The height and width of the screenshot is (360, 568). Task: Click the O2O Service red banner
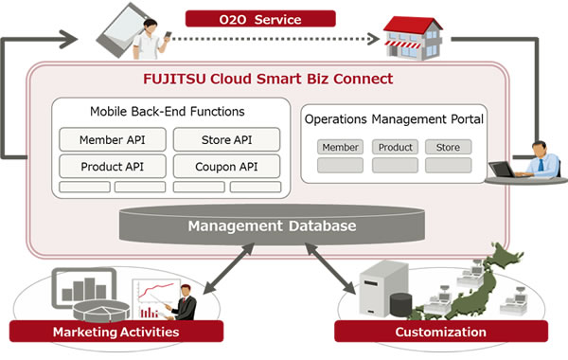click(259, 17)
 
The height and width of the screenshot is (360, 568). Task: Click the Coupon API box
click(227, 166)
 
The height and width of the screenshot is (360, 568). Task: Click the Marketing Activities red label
click(115, 332)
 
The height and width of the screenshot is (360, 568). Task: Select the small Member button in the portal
click(341, 147)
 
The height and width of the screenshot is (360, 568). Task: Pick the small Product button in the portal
click(395, 147)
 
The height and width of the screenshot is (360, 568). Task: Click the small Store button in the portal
click(448, 147)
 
